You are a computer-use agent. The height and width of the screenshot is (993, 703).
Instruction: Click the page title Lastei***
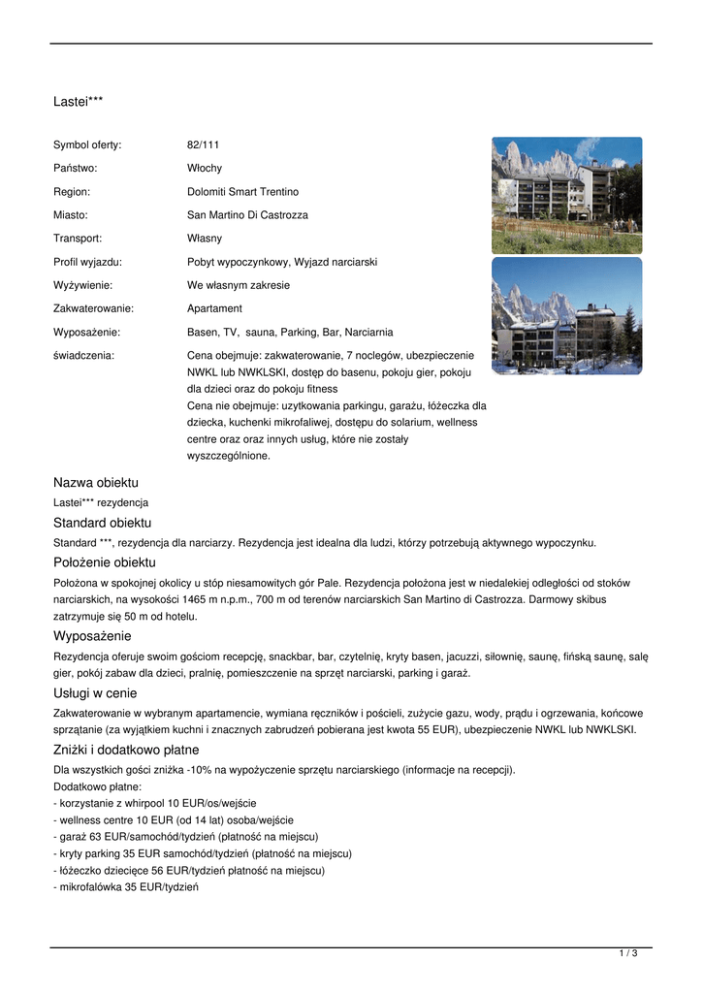78,101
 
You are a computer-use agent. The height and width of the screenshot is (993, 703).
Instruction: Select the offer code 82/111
203,144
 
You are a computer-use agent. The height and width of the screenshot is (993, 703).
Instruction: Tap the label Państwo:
75,168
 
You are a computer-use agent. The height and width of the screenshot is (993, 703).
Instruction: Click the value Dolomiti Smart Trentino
242,192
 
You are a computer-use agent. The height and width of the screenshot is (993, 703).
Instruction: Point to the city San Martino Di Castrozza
247,215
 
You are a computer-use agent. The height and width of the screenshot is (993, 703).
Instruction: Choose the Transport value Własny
205,239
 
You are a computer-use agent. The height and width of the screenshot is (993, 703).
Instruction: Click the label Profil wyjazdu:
87,262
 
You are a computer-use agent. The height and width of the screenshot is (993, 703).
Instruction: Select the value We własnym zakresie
239,285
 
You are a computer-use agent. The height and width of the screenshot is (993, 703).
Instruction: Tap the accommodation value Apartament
214,308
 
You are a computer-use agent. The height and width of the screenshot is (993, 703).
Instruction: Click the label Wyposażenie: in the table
86,332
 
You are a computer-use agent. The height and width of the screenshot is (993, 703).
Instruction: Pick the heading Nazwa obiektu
96,482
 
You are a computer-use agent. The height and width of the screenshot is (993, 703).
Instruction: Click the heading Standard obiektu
102,523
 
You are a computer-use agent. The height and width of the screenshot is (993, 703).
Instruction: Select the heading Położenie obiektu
105,562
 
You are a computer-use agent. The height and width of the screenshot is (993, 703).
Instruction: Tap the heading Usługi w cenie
95,693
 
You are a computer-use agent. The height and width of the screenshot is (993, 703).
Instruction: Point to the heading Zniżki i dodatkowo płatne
126,750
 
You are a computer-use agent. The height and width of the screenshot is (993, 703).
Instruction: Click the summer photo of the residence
566,195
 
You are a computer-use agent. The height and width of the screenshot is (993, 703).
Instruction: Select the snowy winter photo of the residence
566,315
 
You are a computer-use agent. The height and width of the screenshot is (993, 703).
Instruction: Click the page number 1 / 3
628,954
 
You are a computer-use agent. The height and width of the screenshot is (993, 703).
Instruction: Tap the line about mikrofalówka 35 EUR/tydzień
126,887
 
